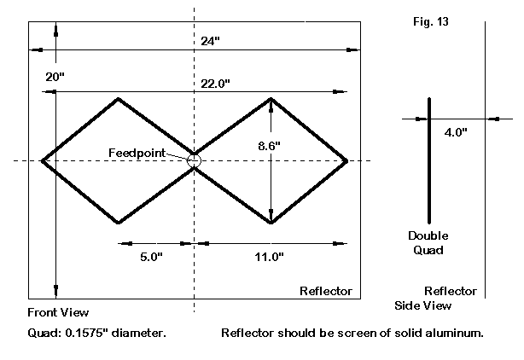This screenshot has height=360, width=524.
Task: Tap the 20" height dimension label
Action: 55,77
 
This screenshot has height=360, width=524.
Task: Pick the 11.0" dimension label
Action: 270,256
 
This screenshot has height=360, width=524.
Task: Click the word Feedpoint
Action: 137,153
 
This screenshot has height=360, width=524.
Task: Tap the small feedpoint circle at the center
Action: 195,160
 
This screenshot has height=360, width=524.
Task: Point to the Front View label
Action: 58,312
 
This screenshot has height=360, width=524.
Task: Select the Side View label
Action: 423,305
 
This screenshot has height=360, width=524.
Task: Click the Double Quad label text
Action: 428,243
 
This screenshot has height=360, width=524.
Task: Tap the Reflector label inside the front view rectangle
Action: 325,292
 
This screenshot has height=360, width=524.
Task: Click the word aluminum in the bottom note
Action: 453,333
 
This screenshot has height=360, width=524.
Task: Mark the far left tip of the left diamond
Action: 42,160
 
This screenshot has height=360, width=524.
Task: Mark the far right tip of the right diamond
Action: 346,160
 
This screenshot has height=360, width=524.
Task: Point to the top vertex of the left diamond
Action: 118,98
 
